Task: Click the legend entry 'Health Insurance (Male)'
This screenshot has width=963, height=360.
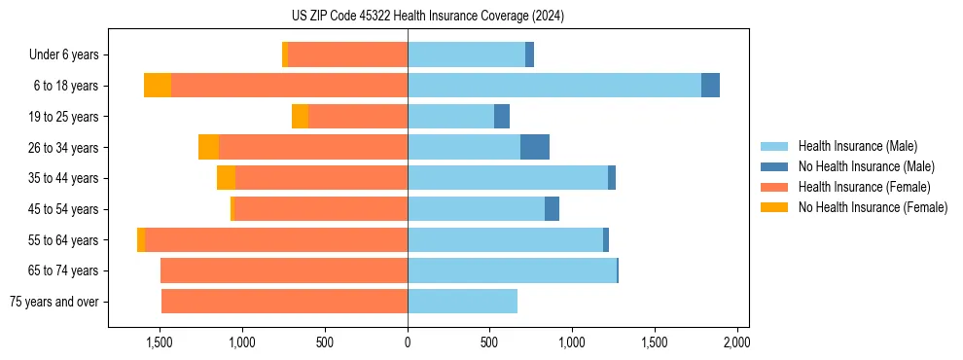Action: click(857, 146)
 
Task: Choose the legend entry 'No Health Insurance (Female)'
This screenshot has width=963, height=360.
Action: click(873, 207)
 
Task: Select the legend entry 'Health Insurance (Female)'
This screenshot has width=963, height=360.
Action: click(864, 187)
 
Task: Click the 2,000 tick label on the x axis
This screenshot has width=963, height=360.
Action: click(736, 342)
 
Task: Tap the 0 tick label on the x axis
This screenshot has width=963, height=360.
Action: click(408, 342)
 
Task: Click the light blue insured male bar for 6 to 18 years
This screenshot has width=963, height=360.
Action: click(554, 86)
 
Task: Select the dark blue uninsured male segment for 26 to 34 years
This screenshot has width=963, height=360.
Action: click(535, 147)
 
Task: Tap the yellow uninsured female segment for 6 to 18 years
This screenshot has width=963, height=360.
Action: click(158, 86)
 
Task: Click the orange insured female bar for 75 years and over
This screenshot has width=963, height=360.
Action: click(284, 302)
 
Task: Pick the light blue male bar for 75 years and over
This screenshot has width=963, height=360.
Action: click(462, 302)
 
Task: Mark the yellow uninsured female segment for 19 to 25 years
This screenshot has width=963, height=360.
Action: click(300, 117)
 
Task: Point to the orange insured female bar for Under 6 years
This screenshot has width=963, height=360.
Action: click(347, 55)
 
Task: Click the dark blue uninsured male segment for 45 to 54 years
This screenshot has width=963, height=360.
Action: click(552, 209)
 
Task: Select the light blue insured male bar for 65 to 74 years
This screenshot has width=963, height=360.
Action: click(512, 270)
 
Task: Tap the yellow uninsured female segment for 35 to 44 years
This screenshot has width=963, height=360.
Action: click(226, 178)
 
